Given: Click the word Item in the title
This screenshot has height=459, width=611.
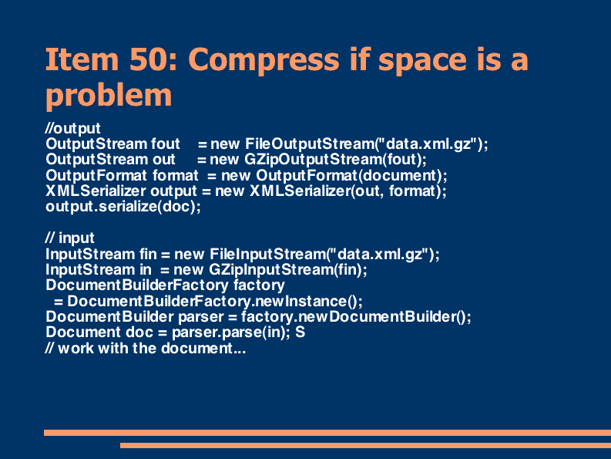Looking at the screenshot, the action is pyautogui.click(x=82, y=59).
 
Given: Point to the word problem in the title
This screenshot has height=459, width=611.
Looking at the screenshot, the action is pyautogui.click(x=109, y=95).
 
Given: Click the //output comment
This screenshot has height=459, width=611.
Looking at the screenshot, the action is pyautogui.click(x=73, y=128).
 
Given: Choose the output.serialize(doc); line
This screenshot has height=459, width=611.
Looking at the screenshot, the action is pyautogui.click(x=123, y=207).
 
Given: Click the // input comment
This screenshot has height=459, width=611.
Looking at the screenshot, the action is pyautogui.click(x=70, y=238).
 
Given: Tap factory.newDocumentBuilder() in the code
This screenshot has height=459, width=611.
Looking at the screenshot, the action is pyautogui.click(x=354, y=316).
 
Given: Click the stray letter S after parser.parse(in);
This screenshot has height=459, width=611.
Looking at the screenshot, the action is pyautogui.click(x=300, y=332).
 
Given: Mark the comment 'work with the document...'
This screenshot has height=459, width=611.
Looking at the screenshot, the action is pyautogui.click(x=152, y=348).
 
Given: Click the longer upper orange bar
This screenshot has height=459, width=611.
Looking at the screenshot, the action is pyautogui.click(x=327, y=433).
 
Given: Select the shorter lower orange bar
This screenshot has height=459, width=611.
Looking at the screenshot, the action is pyautogui.click(x=365, y=445).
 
